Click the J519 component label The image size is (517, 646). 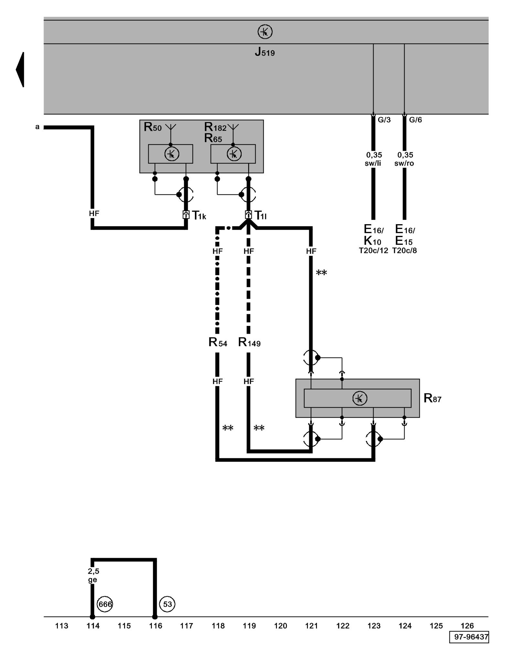tap(265, 52)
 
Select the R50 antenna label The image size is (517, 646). tap(153, 127)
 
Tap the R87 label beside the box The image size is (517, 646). tap(432, 398)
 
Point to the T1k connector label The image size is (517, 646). tap(199, 215)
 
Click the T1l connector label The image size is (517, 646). tap(260, 215)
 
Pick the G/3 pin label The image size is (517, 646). tap(384, 120)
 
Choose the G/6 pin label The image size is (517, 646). tap(415, 120)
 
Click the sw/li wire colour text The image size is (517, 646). tap(373, 163)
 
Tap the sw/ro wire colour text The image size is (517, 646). tap(404, 163)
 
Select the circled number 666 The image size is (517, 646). tap(105, 604)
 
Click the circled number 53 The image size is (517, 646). tap(167, 604)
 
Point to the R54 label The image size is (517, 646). tap(218, 342)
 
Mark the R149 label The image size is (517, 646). tap(249, 342)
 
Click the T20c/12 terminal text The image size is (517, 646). tap(373, 251)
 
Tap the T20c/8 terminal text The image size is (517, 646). tap(405, 251)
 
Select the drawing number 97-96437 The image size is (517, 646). tap(469, 637)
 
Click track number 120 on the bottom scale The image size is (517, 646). tap(280, 626)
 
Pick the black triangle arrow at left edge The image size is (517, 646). tap(20, 69)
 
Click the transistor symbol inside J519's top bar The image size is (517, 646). tap(265, 32)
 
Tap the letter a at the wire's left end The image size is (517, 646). tap(37, 127)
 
